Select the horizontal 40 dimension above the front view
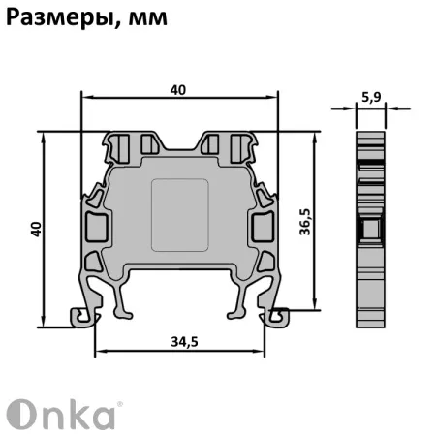177,89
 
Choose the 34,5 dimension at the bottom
178,341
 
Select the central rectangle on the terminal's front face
181,212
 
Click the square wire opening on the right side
264,229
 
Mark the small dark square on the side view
367,228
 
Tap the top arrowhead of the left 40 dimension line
46,137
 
